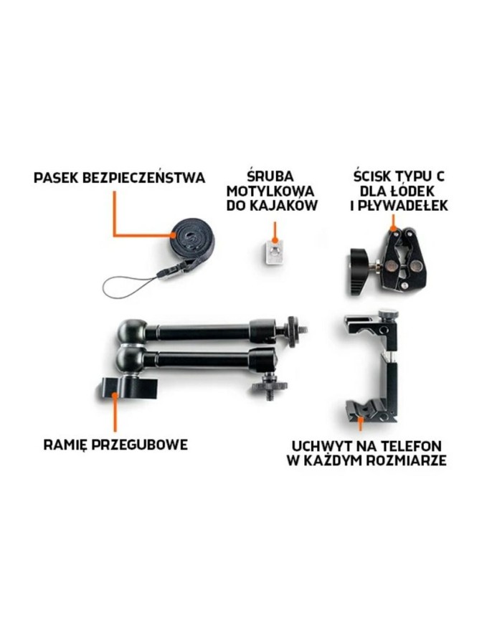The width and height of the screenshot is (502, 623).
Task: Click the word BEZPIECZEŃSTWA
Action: pos(143,177)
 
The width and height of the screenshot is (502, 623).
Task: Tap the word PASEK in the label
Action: pos(56,178)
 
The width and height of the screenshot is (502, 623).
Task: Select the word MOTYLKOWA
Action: pos(270,191)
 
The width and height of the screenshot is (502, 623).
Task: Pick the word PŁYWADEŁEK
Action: pos(402,206)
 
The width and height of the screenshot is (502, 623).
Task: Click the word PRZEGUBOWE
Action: pos(140,444)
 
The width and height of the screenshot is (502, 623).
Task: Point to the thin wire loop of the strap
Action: pos(128,287)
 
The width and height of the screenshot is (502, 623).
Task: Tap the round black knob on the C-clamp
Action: pos(360,272)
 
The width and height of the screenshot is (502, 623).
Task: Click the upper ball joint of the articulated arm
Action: pos(131,331)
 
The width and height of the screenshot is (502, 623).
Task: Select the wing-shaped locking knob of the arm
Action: pos(128,388)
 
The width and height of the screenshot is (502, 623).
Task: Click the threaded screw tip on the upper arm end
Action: pos(303,329)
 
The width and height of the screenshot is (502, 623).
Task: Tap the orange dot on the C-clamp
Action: pos(393,229)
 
